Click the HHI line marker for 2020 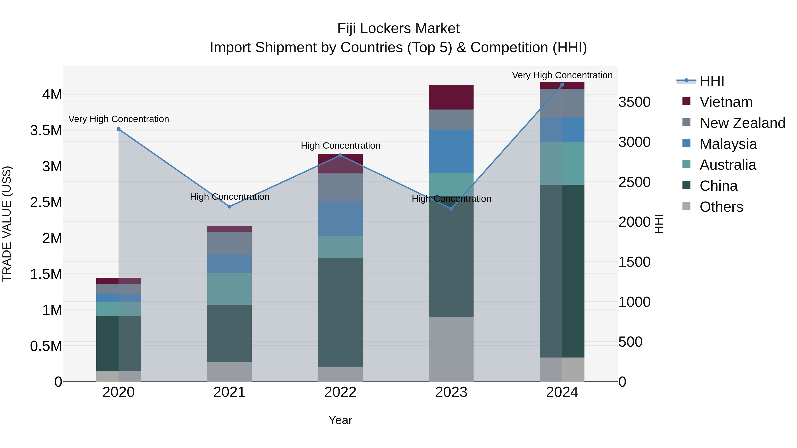tap(118, 129)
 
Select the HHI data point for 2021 tap(229, 207)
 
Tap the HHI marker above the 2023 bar tap(451, 209)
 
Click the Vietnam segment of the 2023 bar tap(451, 97)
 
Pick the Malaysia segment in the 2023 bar tap(451, 151)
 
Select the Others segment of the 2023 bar tap(451, 349)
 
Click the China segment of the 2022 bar tap(340, 312)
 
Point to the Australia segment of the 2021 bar tap(229, 289)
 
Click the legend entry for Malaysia tap(728, 144)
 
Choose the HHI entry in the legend tap(711, 81)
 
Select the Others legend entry tap(721, 207)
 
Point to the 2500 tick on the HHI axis tap(634, 182)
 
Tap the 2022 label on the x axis tap(340, 392)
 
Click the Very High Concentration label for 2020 tap(118, 119)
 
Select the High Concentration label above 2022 tap(340, 146)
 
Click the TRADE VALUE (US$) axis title tap(7, 224)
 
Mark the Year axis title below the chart tap(340, 420)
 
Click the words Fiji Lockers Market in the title tap(398, 29)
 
